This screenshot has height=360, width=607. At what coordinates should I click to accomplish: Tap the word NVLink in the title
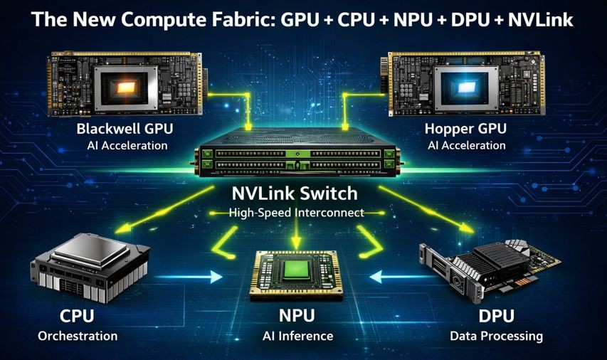click(x=540, y=20)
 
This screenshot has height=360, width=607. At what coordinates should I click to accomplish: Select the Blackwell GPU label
click(x=125, y=129)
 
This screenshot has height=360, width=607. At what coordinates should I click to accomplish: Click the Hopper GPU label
click(x=465, y=129)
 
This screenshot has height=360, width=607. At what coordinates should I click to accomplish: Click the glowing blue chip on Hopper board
click(x=465, y=88)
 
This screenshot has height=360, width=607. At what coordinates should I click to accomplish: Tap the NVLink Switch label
click(x=295, y=193)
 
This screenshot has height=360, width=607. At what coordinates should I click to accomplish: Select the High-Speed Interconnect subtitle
click(x=296, y=213)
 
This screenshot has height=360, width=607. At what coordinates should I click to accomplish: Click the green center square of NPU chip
click(x=297, y=269)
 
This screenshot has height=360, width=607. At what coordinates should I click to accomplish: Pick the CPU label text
click(x=77, y=316)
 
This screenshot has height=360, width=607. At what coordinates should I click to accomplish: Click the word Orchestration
click(x=78, y=336)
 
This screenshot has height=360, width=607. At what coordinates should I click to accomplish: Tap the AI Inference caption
click(x=297, y=336)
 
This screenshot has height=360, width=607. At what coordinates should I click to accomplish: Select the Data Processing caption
click(x=496, y=336)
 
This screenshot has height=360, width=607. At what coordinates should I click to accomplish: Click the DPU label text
click(x=496, y=316)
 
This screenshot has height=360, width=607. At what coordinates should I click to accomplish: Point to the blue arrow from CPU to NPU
click(x=189, y=277)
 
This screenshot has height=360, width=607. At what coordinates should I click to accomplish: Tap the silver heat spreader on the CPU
click(x=91, y=250)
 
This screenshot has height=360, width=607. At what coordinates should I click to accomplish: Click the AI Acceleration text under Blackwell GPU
click(x=127, y=146)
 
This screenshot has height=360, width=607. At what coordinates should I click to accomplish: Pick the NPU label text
click(x=297, y=316)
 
